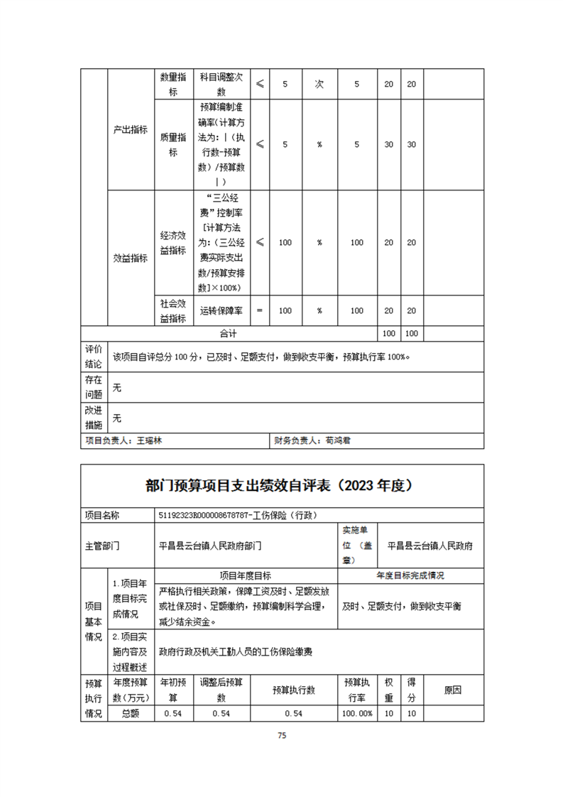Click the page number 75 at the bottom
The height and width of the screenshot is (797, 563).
point(282,736)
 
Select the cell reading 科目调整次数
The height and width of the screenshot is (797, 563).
point(222,84)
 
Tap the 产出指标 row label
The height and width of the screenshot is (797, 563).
point(131,130)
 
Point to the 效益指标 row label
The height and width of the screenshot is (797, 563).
point(131,259)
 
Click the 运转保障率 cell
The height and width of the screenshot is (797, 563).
point(222,310)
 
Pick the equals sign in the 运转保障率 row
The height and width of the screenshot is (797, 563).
point(259,310)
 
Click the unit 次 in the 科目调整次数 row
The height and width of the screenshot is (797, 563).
point(319,84)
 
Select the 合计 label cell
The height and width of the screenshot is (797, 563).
point(228,332)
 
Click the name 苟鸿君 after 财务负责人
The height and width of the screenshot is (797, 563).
point(339,440)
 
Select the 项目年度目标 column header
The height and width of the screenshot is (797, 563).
point(245,575)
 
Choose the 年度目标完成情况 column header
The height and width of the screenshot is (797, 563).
point(411,575)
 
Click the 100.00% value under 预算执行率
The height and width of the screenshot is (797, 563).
point(357,713)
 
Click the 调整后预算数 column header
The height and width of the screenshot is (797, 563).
point(222,689)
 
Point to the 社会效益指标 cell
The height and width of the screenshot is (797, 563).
point(173,310)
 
